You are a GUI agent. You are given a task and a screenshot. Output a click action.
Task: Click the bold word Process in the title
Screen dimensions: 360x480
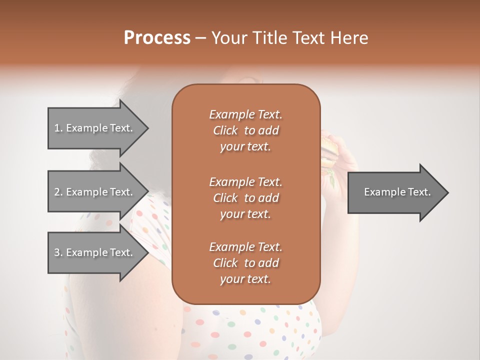tap(157, 38)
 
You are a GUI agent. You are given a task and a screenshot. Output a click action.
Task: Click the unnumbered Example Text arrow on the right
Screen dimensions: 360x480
tap(397, 192)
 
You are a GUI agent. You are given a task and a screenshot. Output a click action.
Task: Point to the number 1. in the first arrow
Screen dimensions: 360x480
tap(58, 128)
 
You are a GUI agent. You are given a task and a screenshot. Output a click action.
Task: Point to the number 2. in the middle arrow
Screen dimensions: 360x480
tap(58, 192)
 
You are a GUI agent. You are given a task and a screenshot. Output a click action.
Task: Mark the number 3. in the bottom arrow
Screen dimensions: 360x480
tap(58, 252)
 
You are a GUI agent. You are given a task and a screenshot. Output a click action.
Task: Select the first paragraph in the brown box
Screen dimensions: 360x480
tap(245, 130)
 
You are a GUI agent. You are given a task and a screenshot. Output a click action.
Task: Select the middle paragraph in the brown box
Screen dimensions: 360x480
tap(245, 197)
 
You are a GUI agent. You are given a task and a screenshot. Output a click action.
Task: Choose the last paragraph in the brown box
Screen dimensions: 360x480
tap(245, 263)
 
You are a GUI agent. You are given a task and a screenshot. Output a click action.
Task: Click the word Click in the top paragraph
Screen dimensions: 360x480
tap(225, 130)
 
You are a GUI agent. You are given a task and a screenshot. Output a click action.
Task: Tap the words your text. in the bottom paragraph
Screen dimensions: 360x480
tap(245, 279)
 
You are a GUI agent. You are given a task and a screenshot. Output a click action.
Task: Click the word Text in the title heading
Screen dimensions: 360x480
tap(312, 38)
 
